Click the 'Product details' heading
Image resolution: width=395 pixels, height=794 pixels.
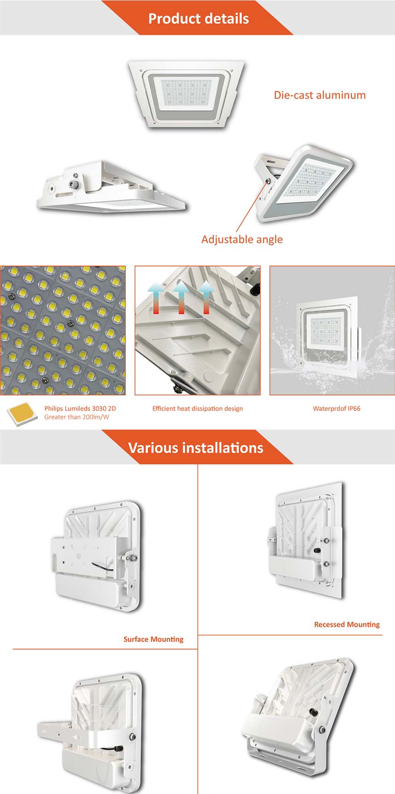tap(198, 18)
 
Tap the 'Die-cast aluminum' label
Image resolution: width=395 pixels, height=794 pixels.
tap(320, 95)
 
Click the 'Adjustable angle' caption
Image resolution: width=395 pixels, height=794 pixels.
tap(242, 239)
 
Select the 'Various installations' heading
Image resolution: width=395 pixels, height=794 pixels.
tap(196, 448)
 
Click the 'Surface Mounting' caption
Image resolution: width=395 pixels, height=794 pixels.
tap(153, 639)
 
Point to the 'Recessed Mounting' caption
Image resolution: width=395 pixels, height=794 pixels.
tap(347, 625)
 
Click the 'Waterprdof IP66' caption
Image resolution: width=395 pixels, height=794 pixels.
tap(337, 408)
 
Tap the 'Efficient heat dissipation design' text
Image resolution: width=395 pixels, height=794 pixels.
tap(197, 408)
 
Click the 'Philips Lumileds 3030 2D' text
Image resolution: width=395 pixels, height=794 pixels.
tap(80, 408)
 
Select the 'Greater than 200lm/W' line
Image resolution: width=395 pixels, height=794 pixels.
tap(77, 417)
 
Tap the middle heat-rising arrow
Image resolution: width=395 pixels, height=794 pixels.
tap(181, 297)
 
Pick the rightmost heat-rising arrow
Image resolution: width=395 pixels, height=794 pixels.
tap(206, 297)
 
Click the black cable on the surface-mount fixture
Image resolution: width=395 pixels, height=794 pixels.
tap(101, 566)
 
